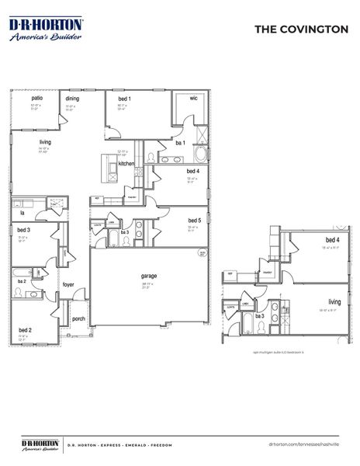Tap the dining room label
tap(72, 99)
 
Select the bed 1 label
tap(124, 99)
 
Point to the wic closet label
tap(194, 99)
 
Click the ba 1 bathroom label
tap(179, 143)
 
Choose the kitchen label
tap(126, 163)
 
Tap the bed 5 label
tap(194, 220)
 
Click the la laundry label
tap(22, 212)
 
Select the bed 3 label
tap(24, 231)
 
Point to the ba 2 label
tap(22, 281)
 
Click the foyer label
tap(69, 285)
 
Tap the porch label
tap(78, 318)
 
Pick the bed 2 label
tap(25, 330)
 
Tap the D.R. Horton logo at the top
tap(45, 30)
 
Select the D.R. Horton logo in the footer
tap(38, 444)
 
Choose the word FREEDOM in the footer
tap(165, 445)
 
